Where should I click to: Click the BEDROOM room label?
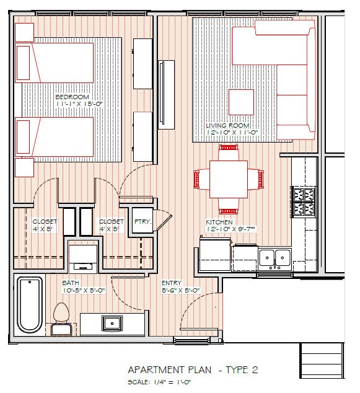point(72,97)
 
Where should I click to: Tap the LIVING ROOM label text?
point(228,125)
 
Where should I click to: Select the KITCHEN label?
point(219,222)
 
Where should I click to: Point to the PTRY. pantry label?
point(143,221)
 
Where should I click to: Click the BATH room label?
point(71,283)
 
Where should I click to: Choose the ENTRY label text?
point(172,283)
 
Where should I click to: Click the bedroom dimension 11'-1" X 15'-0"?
point(79,104)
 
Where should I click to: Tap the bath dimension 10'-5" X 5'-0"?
point(84,291)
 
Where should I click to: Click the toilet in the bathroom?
point(61,319)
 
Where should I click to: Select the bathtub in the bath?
point(30,305)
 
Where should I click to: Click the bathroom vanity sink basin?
point(112,324)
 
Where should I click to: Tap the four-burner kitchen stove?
point(304,201)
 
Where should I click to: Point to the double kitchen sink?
point(275,258)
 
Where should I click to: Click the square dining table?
point(229,180)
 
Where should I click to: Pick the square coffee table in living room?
point(241,102)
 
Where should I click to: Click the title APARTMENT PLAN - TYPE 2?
point(193,369)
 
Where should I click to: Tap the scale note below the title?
point(159,382)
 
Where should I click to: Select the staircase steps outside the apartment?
point(322,360)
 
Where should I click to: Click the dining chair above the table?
point(228,152)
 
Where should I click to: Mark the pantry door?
point(163,221)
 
